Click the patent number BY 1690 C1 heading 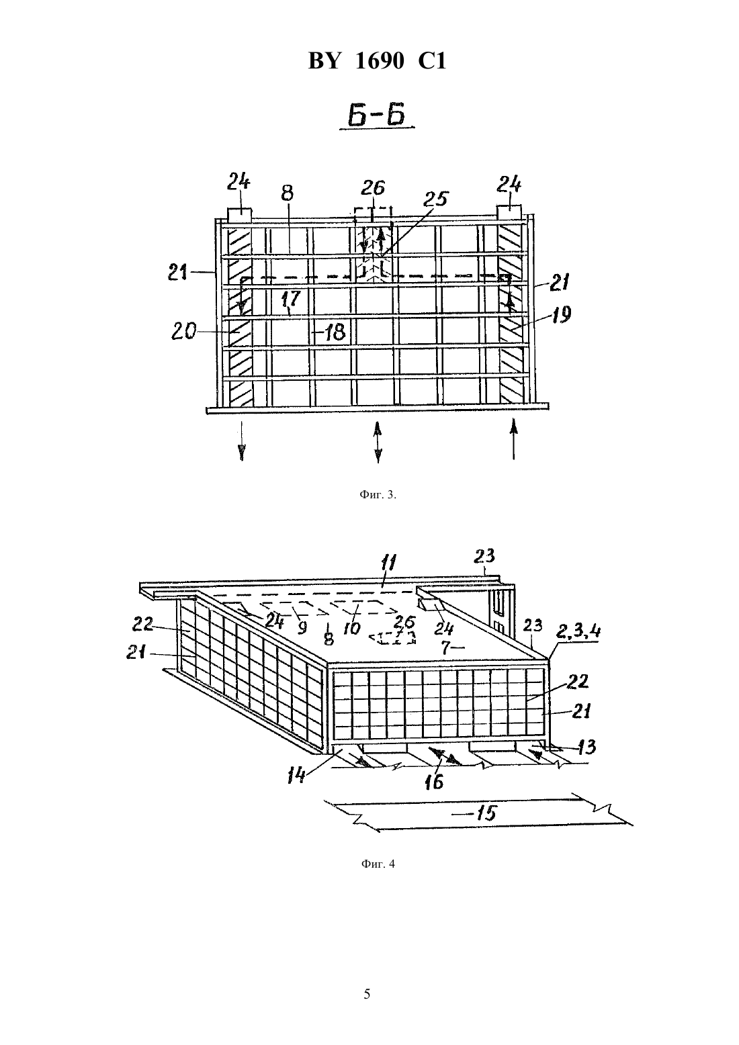pyautogui.click(x=377, y=62)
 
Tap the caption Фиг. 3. pyautogui.click(x=378, y=495)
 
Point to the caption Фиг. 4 pyautogui.click(x=378, y=864)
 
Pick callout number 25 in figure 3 pyautogui.click(x=435, y=199)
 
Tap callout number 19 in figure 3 pyautogui.click(x=560, y=316)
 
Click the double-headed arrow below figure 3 pyautogui.click(x=378, y=442)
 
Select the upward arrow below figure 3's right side pyautogui.click(x=514, y=439)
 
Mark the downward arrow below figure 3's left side pyautogui.click(x=242, y=441)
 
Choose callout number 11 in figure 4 pyautogui.click(x=388, y=563)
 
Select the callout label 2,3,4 pyautogui.click(x=578, y=632)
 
